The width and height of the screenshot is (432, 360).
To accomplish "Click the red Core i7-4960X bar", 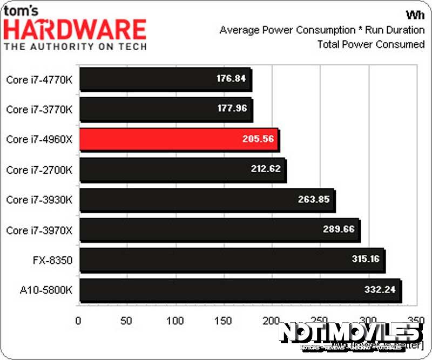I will (178, 139).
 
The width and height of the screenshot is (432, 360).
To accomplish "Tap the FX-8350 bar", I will (232, 260).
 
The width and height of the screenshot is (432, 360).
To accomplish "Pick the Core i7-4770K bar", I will (165, 79).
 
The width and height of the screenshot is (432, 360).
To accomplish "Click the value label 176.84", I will (231, 79).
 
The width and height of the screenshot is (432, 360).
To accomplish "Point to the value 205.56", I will (258, 139).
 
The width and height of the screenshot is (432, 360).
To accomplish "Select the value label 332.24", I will (380, 289).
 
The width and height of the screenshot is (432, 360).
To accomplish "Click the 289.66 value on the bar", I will (338, 229).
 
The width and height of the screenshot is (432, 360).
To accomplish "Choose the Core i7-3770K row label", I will (39, 110).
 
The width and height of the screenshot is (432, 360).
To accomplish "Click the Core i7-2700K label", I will (39, 170).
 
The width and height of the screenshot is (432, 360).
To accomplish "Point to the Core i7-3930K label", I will (39, 200).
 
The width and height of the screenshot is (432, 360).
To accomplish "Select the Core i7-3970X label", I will (39, 230).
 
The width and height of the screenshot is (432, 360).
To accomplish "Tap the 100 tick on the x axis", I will (175, 321).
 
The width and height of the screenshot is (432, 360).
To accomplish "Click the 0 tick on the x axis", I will (79, 321).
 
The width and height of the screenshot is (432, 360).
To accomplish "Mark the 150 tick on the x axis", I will (224, 321).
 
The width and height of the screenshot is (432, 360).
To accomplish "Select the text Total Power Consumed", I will (371, 44).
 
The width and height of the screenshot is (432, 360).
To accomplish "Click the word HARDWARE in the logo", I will (76, 30).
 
